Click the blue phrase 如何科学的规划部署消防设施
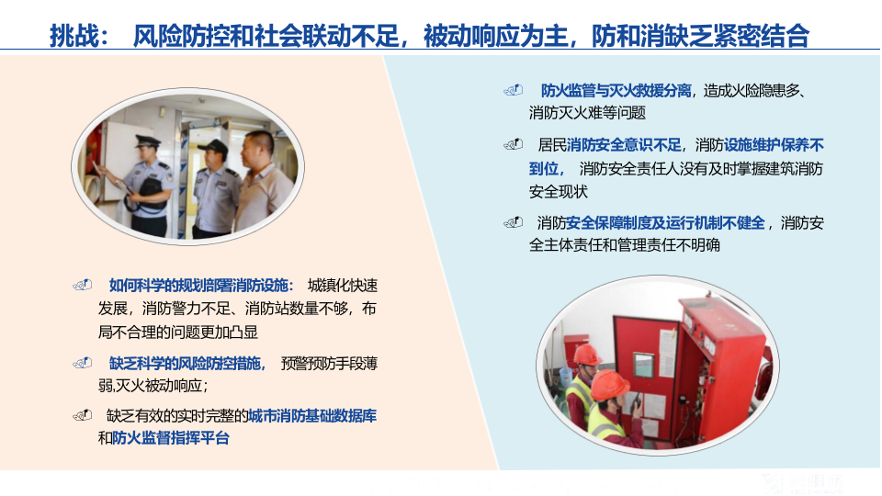tap(198, 285)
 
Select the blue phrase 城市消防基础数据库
tap(312, 416)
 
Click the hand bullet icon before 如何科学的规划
tap(83, 285)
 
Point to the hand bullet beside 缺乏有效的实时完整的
tap(83, 416)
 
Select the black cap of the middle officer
tap(213, 147)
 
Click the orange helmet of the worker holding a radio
tap(609, 385)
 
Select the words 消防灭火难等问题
tap(587, 113)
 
